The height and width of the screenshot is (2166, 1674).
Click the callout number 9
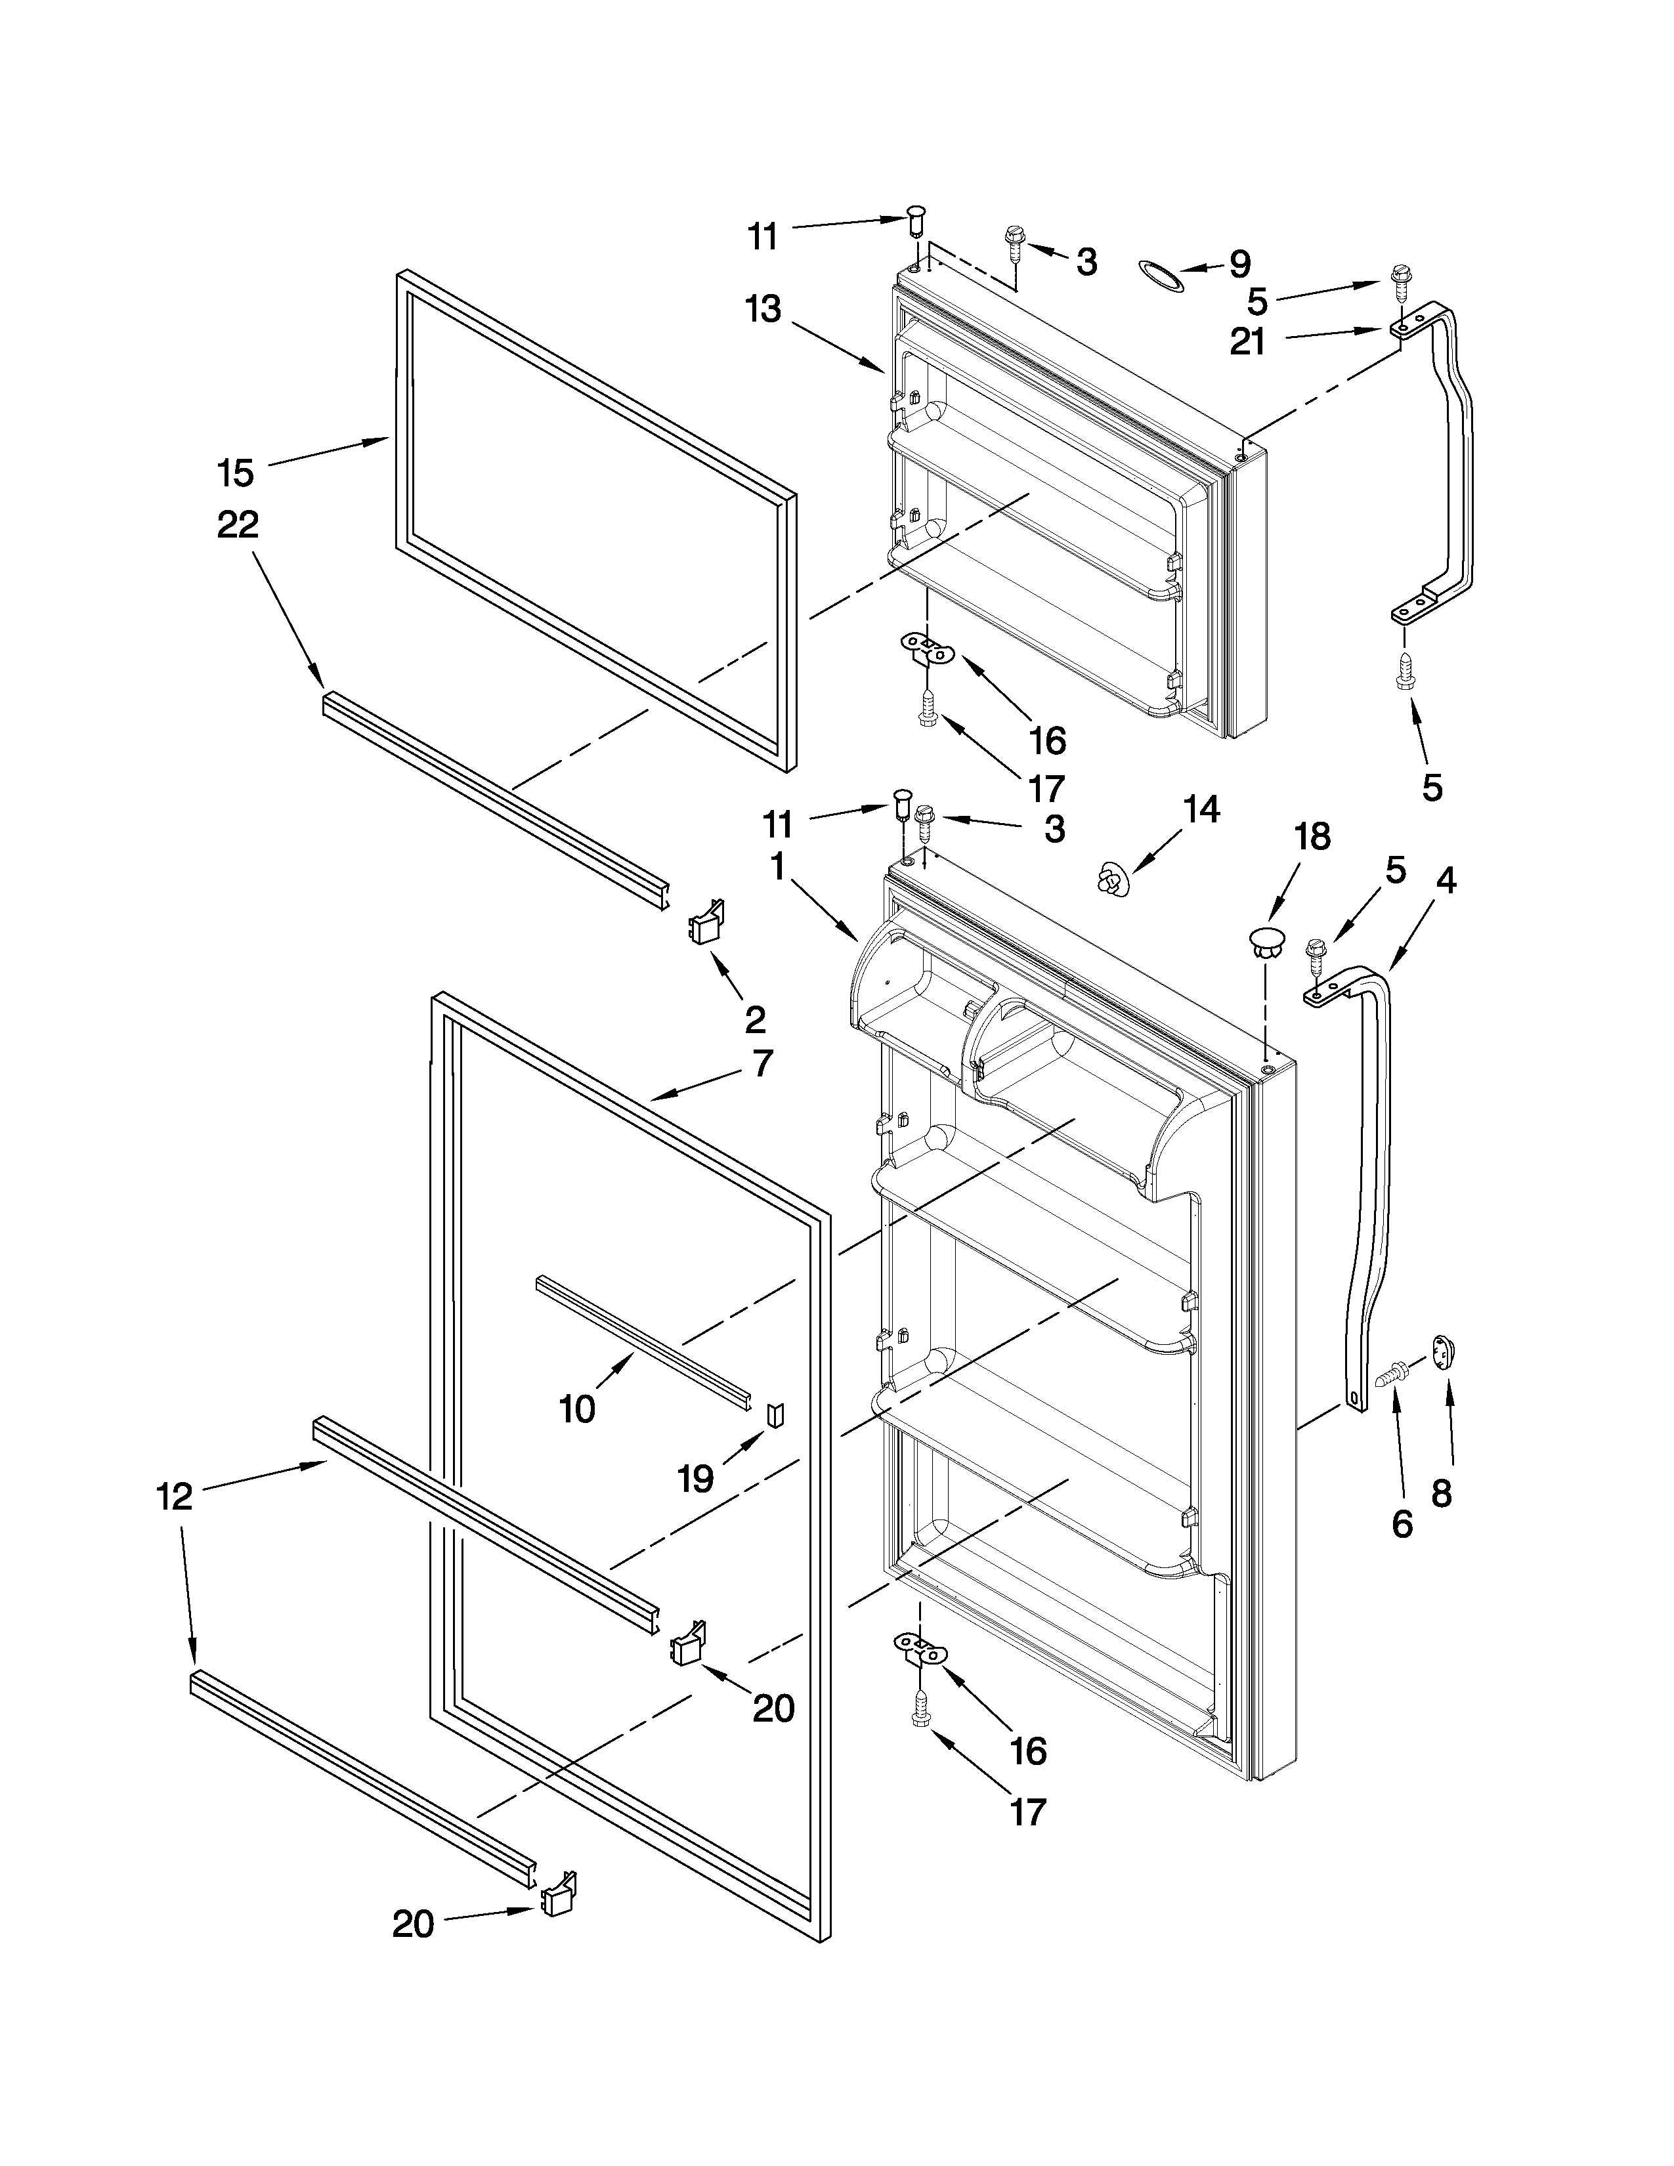(x=1239, y=264)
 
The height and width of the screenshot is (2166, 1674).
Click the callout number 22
(x=238, y=524)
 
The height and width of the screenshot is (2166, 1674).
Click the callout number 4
(x=1447, y=880)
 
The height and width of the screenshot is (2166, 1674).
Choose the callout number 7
(x=762, y=1064)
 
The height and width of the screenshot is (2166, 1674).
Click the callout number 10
(x=577, y=1409)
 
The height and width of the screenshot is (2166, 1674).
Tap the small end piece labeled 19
(x=777, y=1412)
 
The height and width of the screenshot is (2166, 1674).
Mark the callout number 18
(x=1313, y=836)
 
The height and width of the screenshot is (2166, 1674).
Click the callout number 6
(x=1402, y=1523)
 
